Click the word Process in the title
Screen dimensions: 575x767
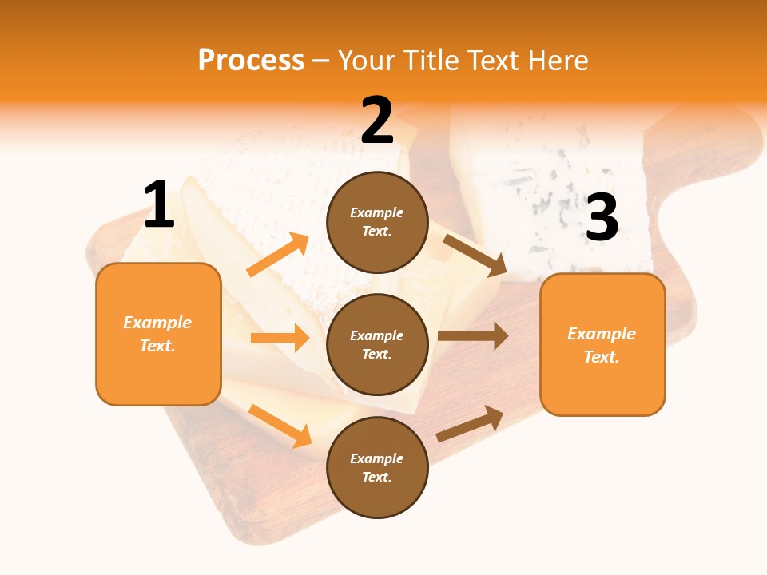[x=251, y=61]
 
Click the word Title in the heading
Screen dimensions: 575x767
[x=432, y=61]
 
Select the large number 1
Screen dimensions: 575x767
[x=159, y=205]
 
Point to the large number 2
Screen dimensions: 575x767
[x=377, y=121]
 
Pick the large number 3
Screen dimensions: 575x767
[x=602, y=218]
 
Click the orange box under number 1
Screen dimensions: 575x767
[x=158, y=334]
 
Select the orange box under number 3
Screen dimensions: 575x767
[x=602, y=344]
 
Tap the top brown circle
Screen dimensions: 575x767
[x=377, y=222]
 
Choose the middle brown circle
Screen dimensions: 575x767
[x=377, y=344]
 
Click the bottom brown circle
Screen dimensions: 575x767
[x=377, y=467]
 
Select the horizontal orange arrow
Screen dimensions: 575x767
[x=280, y=338]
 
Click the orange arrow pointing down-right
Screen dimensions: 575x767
[x=280, y=426]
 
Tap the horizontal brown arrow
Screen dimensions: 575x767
[x=472, y=336]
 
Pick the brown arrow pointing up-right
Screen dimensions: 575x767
[x=470, y=424]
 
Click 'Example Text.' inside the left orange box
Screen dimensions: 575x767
[x=157, y=334]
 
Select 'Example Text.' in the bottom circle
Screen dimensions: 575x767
[x=376, y=468]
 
